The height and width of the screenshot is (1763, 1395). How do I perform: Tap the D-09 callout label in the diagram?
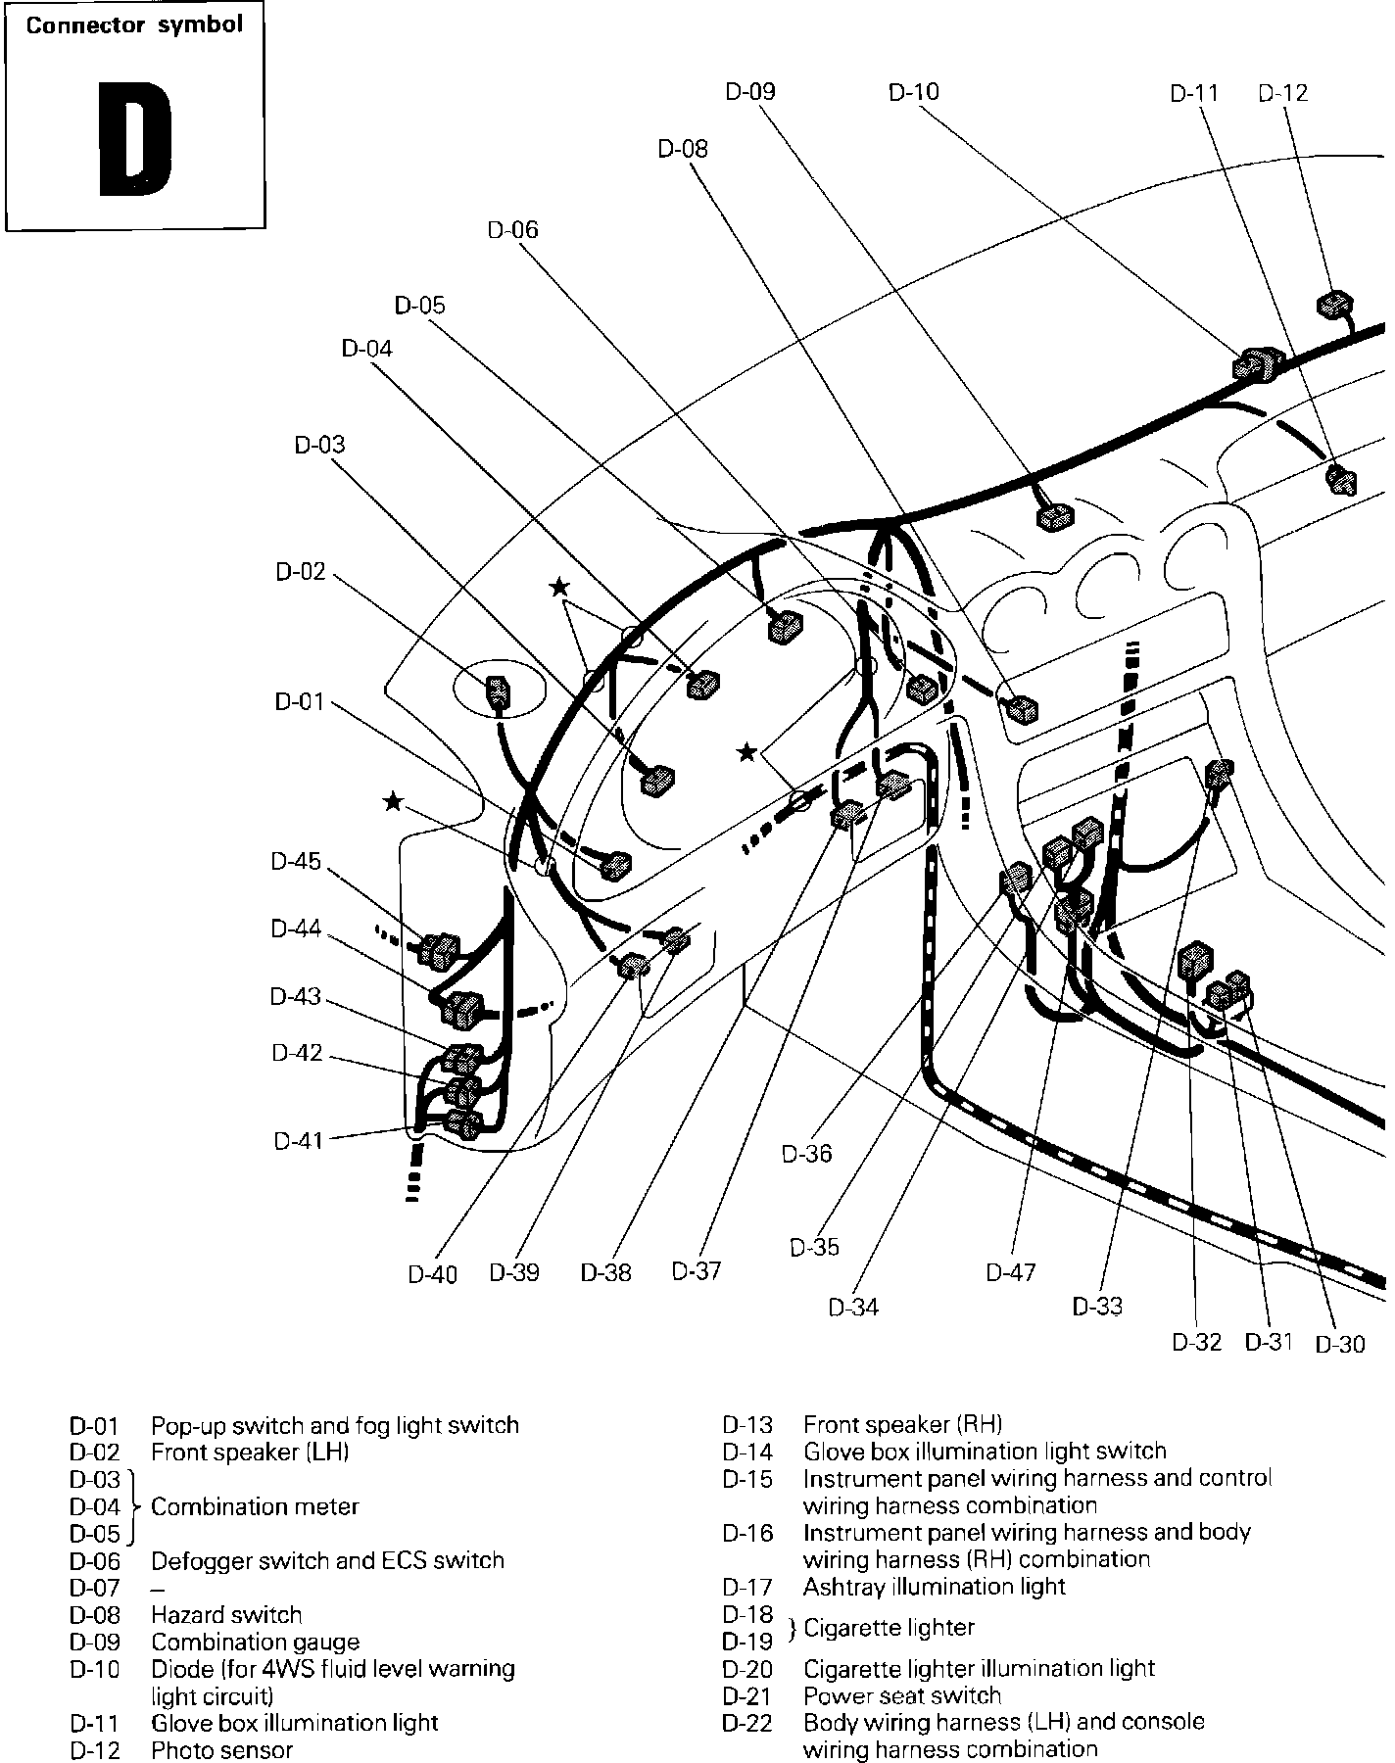pyautogui.click(x=750, y=91)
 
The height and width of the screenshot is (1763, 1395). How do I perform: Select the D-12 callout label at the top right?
pyautogui.click(x=1282, y=93)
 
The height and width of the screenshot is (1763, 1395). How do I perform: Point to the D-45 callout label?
pyautogui.click(x=296, y=861)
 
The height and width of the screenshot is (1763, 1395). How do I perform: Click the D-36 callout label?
pyautogui.click(x=806, y=1153)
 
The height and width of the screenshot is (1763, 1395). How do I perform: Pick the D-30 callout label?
pyautogui.click(x=1339, y=1344)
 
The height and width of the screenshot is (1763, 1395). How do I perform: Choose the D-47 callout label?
pyautogui.click(x=1011, y=1272)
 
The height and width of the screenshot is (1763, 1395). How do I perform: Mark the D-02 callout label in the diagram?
pyautogui.click(x=300, y=572)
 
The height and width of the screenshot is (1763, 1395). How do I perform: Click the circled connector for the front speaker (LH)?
pyautogui.click(x=498, y=691)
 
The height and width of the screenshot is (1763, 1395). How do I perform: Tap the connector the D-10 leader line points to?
pyautogui.click(x=1255, y=365)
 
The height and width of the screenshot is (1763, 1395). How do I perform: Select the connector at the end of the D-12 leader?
pyautogui.click(x=1334, y=305)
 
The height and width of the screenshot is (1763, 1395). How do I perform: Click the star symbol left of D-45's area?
pyautogui.click(x=393, y=802)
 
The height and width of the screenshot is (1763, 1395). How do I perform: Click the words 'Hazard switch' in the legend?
pyautogui.click(x=226, y=1614)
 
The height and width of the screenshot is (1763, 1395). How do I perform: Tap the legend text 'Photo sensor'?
pyautogui.click(x=221, y=1749)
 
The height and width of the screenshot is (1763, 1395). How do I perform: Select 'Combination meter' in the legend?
pyautogui.click(x=255, y=1506)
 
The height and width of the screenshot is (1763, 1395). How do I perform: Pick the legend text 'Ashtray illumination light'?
pyautogui.click(x=934, y=1586)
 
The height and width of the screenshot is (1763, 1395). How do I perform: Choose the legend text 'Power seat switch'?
pyautogui.click(x=902, y=1695)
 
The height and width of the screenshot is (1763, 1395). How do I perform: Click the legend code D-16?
pyautogui.click(x=747, y=1533)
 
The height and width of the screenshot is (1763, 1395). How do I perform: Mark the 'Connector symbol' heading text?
pyautogui.click(x=134, y=25)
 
